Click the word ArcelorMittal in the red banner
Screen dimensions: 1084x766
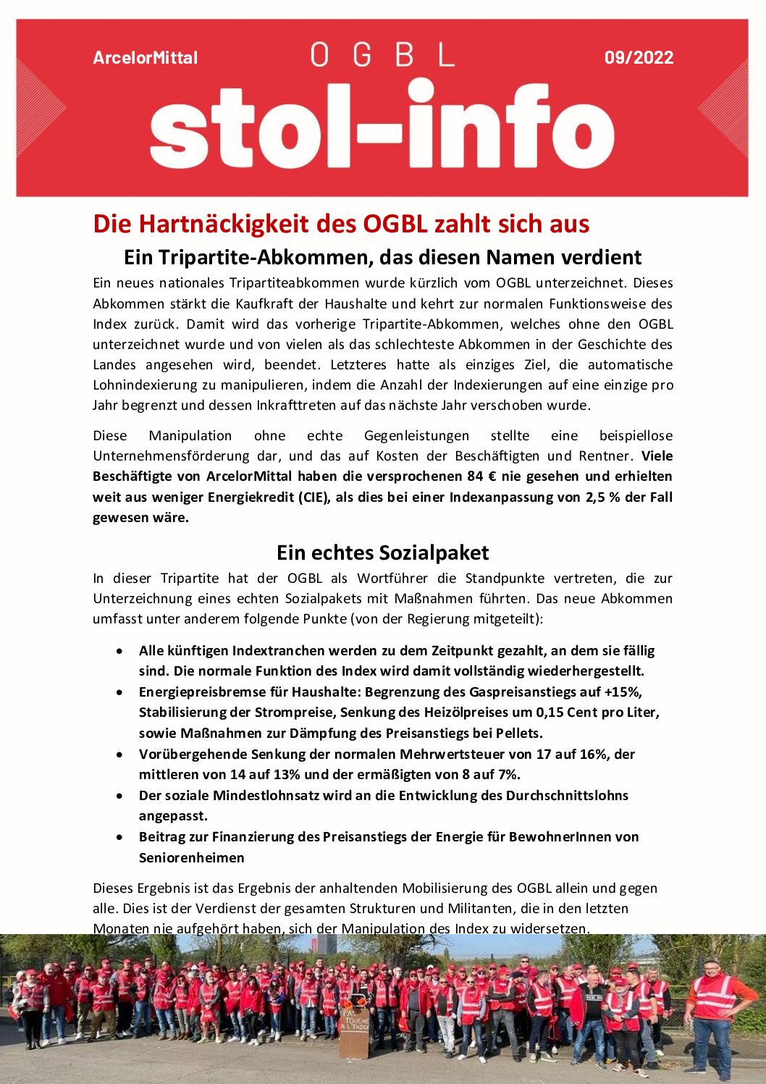[145, 58]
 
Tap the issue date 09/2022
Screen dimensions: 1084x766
[639, 58]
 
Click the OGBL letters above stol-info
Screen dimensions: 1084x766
[382, 55]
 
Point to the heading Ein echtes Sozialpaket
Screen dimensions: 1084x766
[382, 552]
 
